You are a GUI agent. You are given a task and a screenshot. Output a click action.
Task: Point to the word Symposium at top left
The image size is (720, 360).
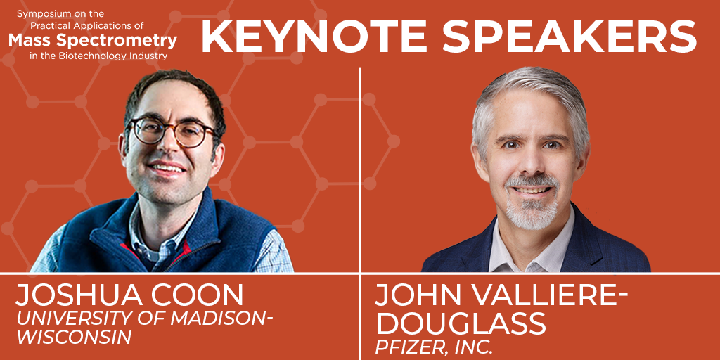pos(44,13)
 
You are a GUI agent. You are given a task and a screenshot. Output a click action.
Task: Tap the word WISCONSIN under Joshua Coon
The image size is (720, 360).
pos(74,336)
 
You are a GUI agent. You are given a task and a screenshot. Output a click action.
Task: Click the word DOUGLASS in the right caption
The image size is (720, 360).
pos(461,323)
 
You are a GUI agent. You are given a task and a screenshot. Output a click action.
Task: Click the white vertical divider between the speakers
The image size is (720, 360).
pos(360,169)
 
